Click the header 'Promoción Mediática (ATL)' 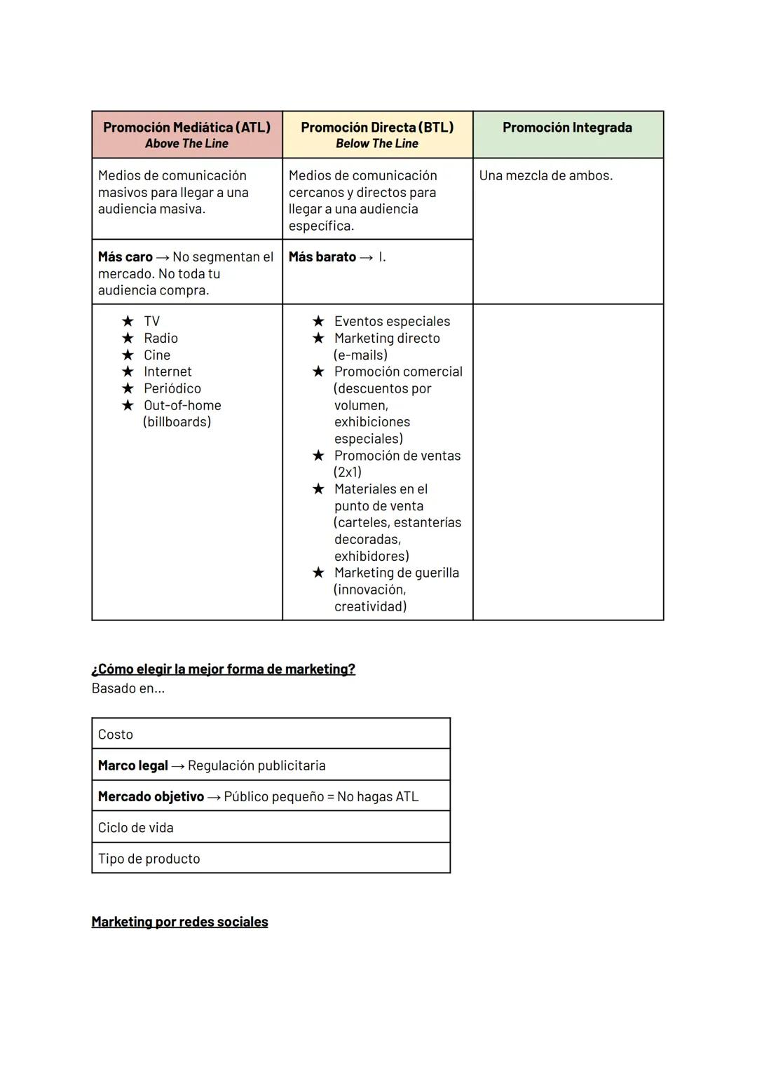[x=186, y=128]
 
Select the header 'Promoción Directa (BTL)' [x=377, y=128]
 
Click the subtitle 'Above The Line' [x=186, y=144]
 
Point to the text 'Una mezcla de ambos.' [x=545, y=176]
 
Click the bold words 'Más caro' [x=125, y=257]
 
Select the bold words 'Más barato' [x=322, y=257]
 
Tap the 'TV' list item [x=151, y=322]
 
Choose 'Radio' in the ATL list [x=161, y=339]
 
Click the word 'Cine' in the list [x=157, y=355]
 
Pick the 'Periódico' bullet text [x=172, y=389]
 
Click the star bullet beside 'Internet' [x=128, y=372]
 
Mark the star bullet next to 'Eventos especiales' [x=318, y=321]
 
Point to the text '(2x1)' [x=348, y=472]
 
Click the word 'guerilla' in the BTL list [x=437, y=573]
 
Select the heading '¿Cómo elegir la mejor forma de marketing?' [x=223, y=669]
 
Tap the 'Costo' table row [x=271, y=734]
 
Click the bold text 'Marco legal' [x=132, y=765]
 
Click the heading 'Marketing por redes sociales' [x=179, y=922]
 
